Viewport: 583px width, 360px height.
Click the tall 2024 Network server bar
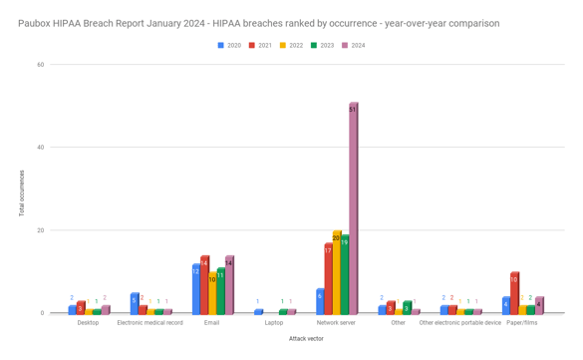[x=353, y=208]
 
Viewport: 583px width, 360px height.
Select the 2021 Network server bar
[x=328, y=278]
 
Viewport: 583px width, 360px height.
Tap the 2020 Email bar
[x=196, y=289]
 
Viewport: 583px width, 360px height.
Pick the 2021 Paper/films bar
[x=514, y=293]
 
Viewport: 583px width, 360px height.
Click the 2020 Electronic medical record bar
[x=135, y=303]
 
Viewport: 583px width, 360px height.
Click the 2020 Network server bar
[x=320, y=301]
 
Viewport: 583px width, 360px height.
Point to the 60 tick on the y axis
[x=40, y=65]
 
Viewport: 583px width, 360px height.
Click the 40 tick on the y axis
[x=40, y=148]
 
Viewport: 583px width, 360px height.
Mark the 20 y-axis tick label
[x=40, y=230]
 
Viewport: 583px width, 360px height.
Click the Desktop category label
[x=89, y=323]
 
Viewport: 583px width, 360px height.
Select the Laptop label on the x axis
[x=274, y=323]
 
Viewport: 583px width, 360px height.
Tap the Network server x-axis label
[x=336, y=323]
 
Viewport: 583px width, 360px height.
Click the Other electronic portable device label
[x=460, y=323]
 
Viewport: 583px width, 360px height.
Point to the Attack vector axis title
[x=305, y=339]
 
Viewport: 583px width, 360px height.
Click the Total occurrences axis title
[x=21, y=193]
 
